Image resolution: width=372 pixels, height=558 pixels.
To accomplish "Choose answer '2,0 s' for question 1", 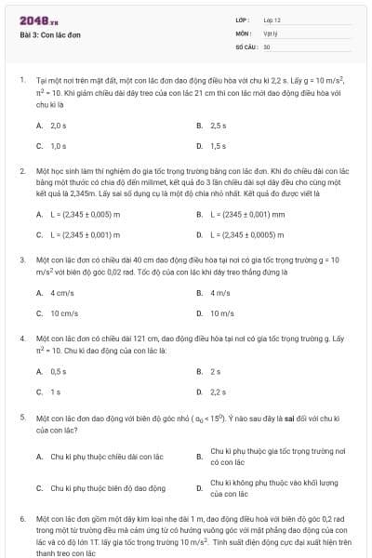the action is (x=58, y=125).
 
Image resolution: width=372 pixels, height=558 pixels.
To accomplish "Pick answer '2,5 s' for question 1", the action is (x=219, y=125).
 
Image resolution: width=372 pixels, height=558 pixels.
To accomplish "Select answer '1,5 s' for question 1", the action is (x=219, y=146).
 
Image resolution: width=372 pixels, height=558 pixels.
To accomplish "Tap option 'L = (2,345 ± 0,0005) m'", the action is (x=247, y=235).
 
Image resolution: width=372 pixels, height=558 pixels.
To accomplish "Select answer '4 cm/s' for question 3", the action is (x=61, y=293).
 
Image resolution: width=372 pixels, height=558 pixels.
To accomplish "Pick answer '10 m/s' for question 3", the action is (x=221, y=313).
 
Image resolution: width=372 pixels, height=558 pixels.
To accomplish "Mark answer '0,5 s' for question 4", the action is (x=58, y=371).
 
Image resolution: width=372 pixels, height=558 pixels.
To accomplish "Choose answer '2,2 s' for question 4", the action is (x=219, y=392).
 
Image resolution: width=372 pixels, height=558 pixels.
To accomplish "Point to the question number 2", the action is (x=21, y=172).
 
